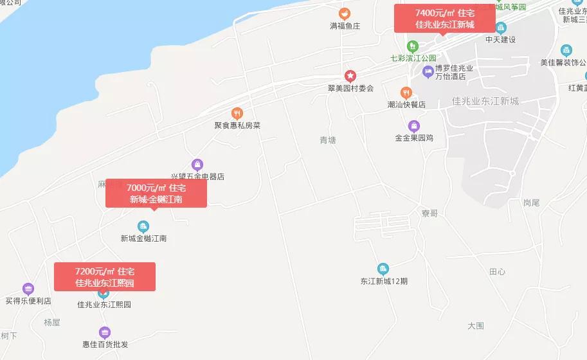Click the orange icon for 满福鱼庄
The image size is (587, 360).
pyautogui.click(x=345, y=13)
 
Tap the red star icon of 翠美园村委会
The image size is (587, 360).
pyautogui.click(x=350, y=76)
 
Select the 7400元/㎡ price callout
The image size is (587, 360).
pyautogui.click(x=444, y=19)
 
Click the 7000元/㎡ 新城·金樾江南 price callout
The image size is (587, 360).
pyautogui.click(x=156, y=193)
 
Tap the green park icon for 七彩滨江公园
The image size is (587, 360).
pyautogui.click(x=413, y=46)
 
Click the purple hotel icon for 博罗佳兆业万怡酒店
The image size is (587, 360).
pyautogui.click(x=428, y=71)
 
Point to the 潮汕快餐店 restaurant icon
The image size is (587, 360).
pyautogui.click(x=406, y=93)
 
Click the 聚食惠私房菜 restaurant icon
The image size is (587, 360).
pyautogui.click(x=237, y=113)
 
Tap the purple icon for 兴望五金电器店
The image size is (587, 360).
pyautogui.click(x=197, y=164)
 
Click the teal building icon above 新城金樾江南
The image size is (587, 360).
pyautogui.click(x=143, y=226)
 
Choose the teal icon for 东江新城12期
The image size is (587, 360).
pyautogui.click(x=383, y=269)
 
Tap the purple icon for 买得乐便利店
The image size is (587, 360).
pyautogui.click(x=28, y=289)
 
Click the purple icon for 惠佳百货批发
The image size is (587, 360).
pyautogui.click(x=105, y=332)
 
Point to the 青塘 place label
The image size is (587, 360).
pyautogui.click(x=328, y=140)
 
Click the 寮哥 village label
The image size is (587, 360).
pyautogui.click(x=429, y=213)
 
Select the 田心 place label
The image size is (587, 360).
pyautogui.click(x=497, y=272)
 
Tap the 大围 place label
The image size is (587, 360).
pyautogui.click(x=476, y=326)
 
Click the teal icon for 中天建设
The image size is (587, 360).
pyautogui.click(x=501, y=28)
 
